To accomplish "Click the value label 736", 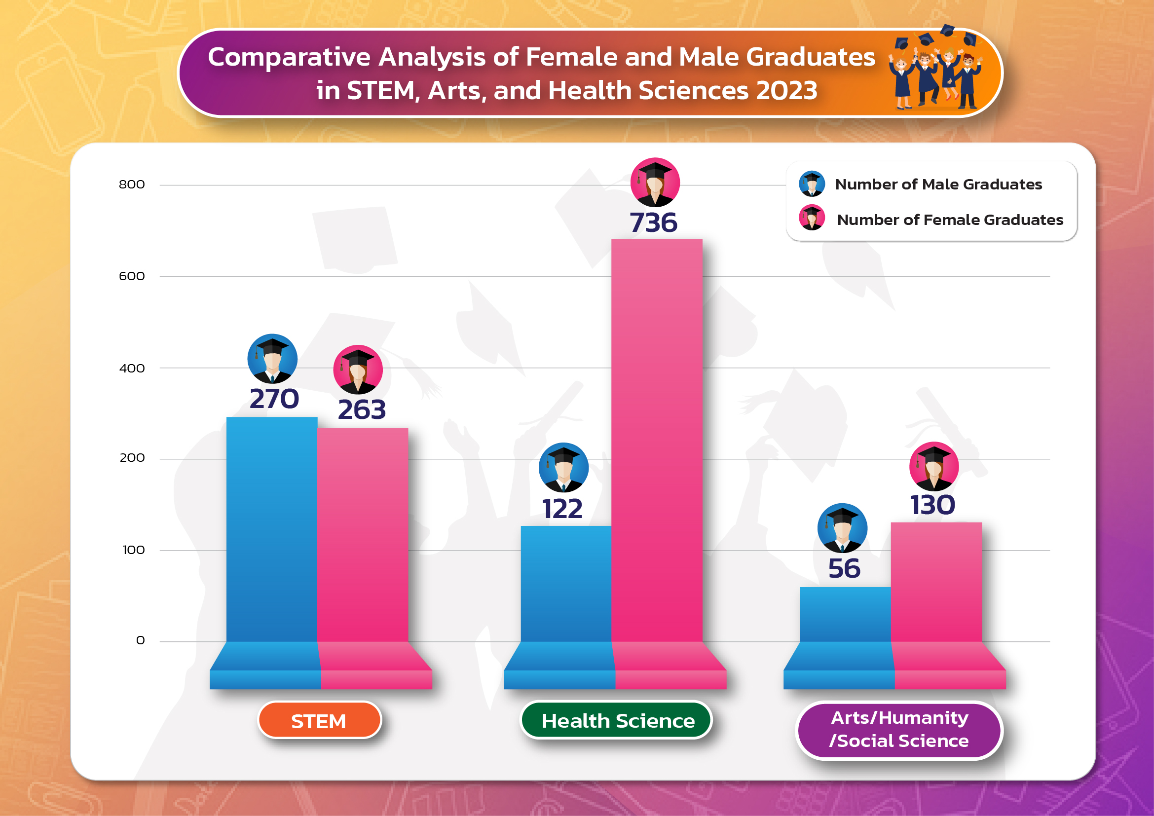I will (x=653, y=223).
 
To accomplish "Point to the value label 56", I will (x=844, y=568).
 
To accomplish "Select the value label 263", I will (x=362, y=409).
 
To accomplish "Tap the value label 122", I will (x=562, y=509).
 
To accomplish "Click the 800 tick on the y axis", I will (x=132, y=185).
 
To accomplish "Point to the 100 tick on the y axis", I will (x=133, y=550).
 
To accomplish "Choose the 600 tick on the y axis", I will (x=132, y=276).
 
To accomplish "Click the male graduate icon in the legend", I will (x=812, y=184).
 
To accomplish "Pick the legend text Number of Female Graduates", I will (x=950, y=220).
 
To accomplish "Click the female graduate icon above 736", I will (x=655, y=183).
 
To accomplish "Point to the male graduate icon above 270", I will (x=272, y=359).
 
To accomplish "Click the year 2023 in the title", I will (x=786, y=91).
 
